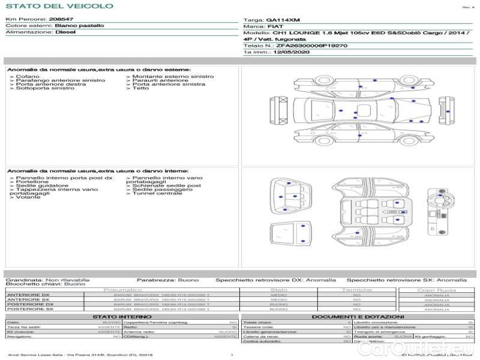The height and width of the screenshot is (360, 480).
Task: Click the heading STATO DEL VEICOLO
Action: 59,7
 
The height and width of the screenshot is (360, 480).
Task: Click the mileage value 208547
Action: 61,20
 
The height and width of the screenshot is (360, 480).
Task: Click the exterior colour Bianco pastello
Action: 79,26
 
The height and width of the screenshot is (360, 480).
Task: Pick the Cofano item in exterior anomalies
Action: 28,77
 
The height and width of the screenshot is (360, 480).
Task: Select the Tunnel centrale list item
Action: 157,193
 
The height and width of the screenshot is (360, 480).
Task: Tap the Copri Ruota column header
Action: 437,290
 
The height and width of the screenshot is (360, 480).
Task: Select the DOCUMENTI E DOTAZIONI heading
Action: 358,317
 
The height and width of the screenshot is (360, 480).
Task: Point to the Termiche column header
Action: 357,290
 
